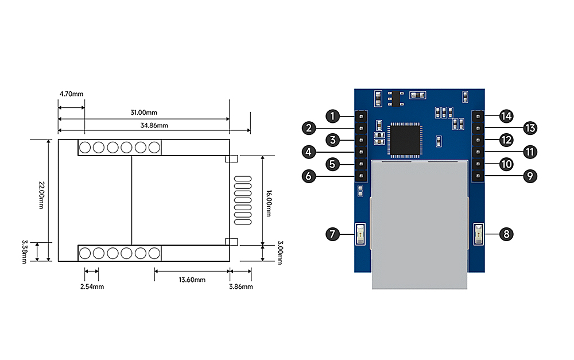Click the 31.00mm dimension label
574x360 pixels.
(144, 113)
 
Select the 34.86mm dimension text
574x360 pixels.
(155, 125)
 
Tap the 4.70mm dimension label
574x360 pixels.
(71, 94)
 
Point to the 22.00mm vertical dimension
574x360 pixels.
(42, 195)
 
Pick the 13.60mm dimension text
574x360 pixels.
(192, 280)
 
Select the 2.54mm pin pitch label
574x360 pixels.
(92, 286)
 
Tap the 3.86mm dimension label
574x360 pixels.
(241, 286)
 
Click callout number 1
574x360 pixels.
(332, 116)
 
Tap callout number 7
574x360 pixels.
(332, 234)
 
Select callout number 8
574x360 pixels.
(506, 234)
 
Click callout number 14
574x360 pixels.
(506, 116)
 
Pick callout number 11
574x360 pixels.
(529, 152)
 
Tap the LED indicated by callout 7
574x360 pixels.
(360, 234)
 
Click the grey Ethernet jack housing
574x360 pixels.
(419, 224)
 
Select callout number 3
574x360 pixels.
(332, 140)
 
